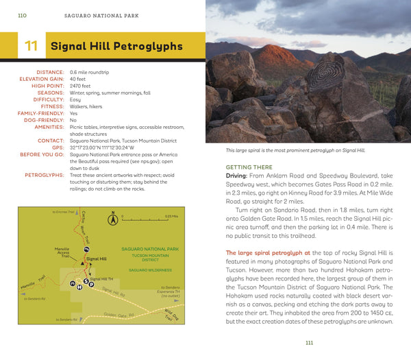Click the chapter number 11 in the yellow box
coord(31,47)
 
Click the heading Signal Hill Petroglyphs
coord(116,47)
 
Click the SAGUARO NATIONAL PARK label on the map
coord(149,249)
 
